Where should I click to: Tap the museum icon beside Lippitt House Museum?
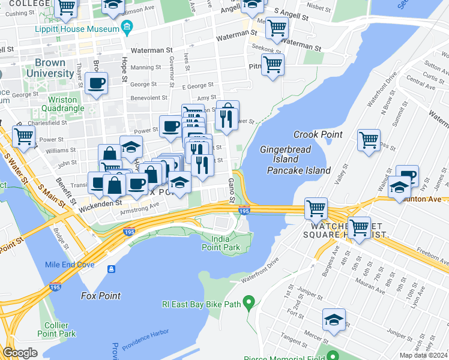(127, 28)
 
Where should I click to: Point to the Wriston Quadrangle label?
(58, 104)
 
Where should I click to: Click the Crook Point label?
(318, 134)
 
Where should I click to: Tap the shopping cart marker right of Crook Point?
(369, 140)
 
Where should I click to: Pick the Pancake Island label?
(299, 170)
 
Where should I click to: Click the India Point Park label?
(220, 242)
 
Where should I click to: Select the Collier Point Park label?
(56, 329)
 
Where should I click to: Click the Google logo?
(20, 353)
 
